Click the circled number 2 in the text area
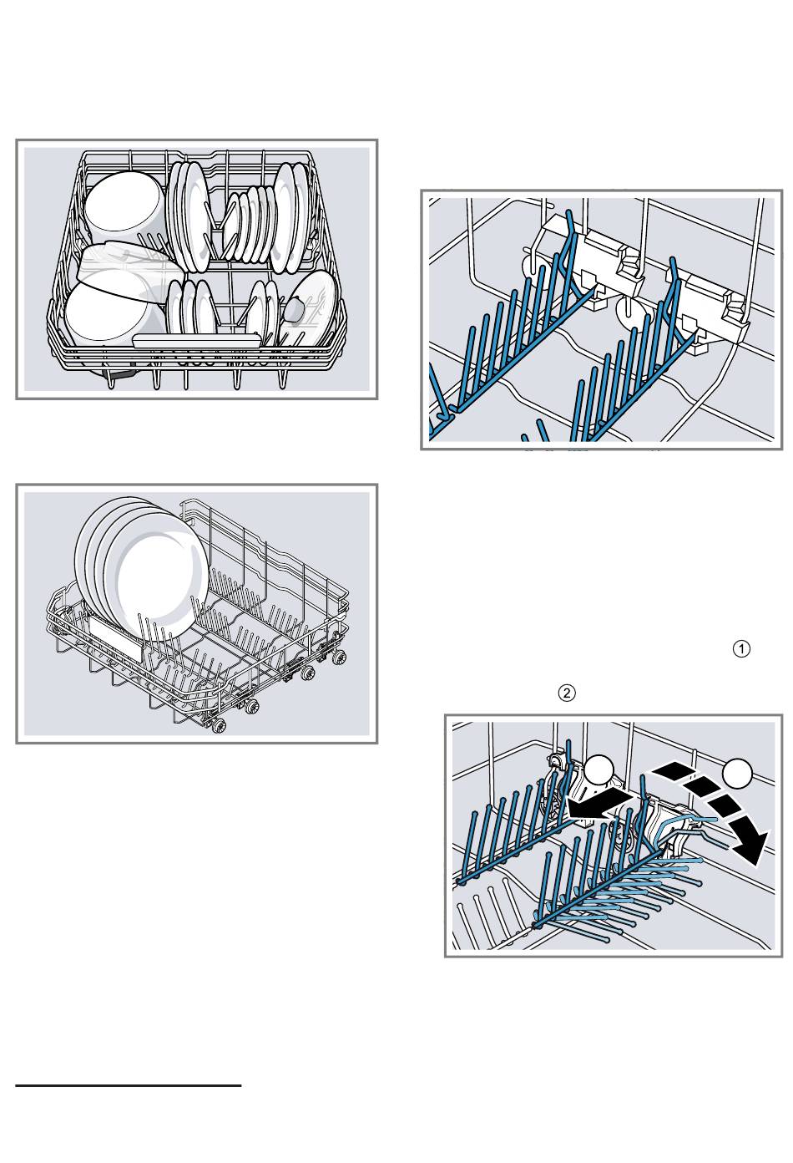pyautogui.click(x=566, y=693)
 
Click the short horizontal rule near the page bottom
pyautogui.click(x=129, y=1086)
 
